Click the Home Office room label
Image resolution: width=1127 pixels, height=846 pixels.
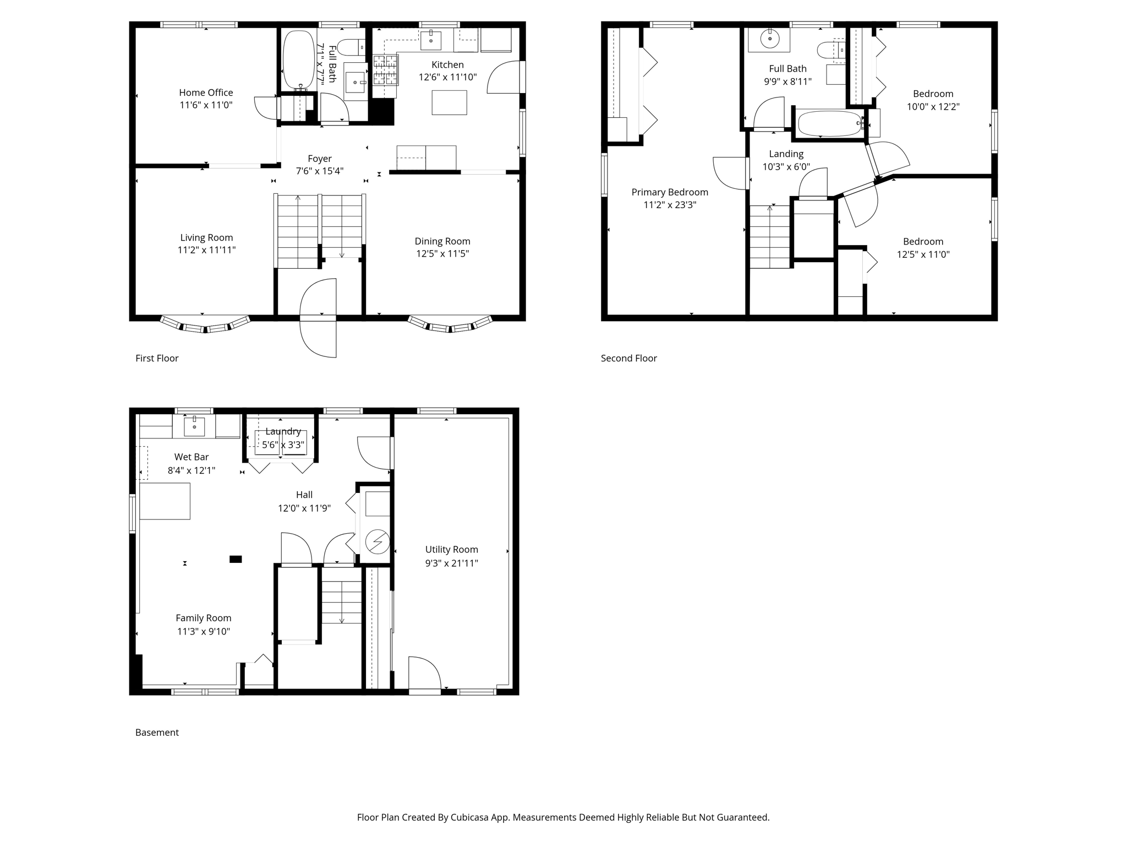click(206, 93)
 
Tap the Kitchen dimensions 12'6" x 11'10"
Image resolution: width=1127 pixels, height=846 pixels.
click(447, 77)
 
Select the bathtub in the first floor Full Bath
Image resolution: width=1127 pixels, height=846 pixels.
click(298, 59)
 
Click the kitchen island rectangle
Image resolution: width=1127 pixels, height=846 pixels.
click(449, 102)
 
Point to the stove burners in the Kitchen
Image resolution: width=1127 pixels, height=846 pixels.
click(385, 69)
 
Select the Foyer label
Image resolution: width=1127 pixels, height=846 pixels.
click(320, 159)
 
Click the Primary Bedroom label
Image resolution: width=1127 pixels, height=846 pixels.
click(670, 192)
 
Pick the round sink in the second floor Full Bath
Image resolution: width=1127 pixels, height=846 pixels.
click(769, 39)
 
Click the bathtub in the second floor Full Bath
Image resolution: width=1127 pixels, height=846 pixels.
click(830, 124)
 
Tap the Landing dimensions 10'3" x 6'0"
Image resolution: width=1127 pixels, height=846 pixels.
click(786, 167)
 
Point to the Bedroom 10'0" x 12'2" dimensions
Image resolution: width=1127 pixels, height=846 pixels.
click(933, 107)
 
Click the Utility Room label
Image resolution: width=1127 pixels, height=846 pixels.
click(451, 550)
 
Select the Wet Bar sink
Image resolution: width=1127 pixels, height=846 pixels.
click(194, 426)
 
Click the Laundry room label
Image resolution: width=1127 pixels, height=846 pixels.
click(283, 432)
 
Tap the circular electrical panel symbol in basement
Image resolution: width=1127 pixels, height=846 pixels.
click(378, 542)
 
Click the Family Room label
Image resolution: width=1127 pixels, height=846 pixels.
click(204, 619)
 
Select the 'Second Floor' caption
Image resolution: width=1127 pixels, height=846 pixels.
click(629, 359)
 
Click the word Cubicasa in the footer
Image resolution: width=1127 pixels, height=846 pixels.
click(472, 817)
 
